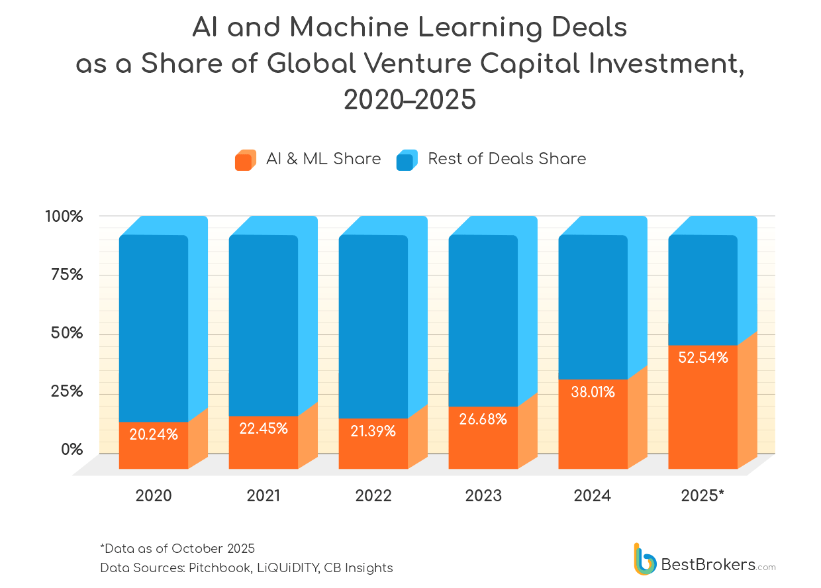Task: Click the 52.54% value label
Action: click(703, 358)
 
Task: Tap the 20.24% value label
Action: click(154, 434)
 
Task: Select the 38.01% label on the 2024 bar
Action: click(593, 392)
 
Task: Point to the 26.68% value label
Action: click(483, 419)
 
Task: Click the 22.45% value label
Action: click(264, 428)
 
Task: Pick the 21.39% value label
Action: click(373, 431)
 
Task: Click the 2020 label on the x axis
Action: click(154, 495)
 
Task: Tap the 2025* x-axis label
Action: click(702, 495)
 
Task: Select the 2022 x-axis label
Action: click(373, 495)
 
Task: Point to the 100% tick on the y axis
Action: click(64, 217)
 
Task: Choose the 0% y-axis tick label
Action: click(72, 450)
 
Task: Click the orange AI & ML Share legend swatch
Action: click(245, 160)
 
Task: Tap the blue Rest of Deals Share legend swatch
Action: click(407, 160)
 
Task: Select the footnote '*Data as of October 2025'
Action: click(177, 548)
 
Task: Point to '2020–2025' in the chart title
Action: click(410, 99)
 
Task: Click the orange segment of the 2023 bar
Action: click(483, 444)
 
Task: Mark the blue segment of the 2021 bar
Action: click(264, 318)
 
